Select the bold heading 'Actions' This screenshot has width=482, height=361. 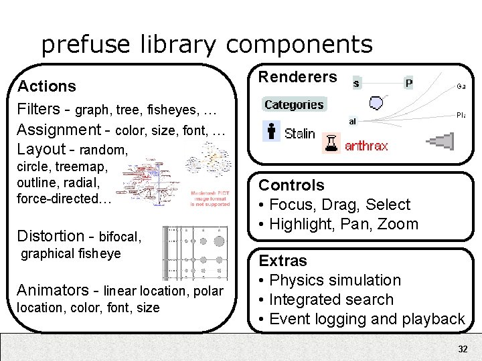47,86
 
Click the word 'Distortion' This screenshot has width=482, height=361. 51,235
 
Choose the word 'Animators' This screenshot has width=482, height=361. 53,290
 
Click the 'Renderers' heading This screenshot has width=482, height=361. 298,77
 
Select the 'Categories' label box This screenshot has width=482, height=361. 294,104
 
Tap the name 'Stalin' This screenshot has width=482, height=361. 299,133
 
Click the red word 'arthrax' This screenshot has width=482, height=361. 366,146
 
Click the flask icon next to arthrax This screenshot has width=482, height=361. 331,142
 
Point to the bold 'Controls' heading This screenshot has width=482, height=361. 291,185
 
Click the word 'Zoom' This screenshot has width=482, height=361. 398,224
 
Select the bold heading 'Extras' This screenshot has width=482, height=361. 283,261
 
